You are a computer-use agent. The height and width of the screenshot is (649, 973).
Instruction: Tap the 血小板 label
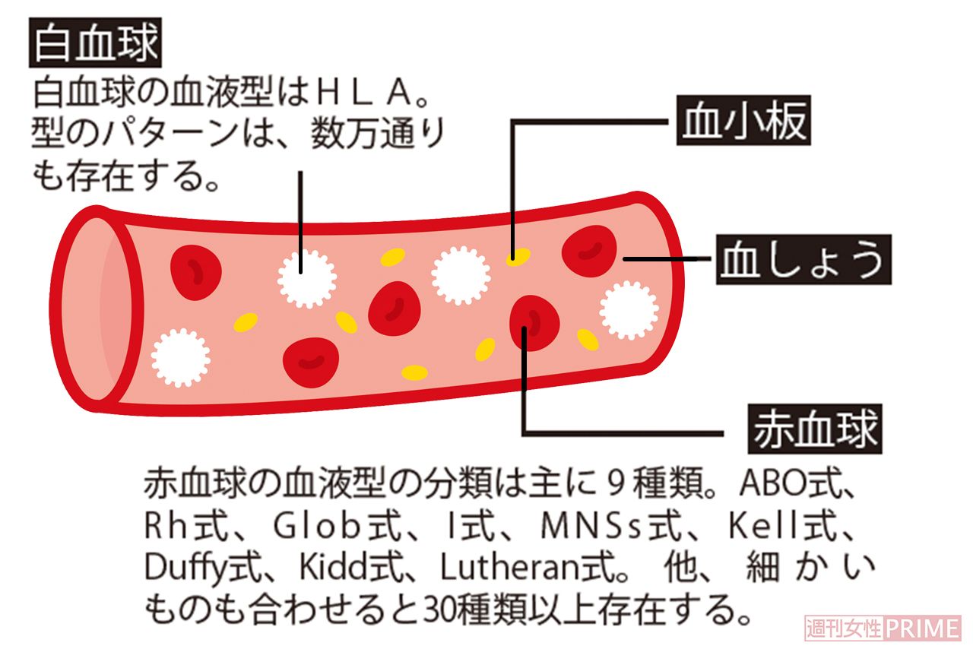tap(743, 122)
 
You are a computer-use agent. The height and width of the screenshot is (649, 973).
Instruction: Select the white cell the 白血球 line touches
tap(306, 278)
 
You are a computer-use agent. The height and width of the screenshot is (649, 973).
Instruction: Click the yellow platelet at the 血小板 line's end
tap(518, 256)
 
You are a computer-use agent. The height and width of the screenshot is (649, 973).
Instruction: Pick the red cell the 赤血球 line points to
tap(534, 324)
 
